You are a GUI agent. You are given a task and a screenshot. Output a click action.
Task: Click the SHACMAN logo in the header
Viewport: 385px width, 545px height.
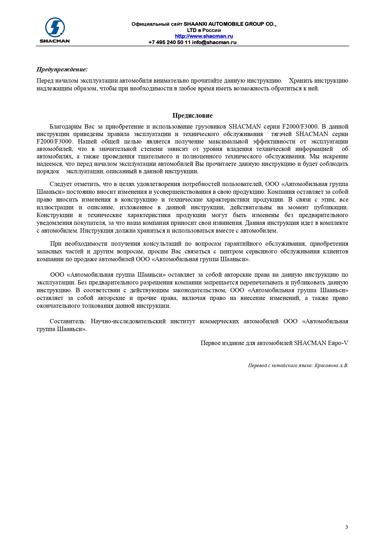click(55, 30)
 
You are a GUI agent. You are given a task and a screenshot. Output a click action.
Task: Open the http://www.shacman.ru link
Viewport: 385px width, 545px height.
click(204, 36)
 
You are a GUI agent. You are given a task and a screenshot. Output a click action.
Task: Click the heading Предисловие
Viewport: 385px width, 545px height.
click(192, 116)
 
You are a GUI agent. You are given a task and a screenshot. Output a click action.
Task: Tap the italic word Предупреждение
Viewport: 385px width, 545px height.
click(62, 69)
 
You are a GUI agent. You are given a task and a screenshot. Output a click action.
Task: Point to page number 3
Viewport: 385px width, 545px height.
click(347, 527)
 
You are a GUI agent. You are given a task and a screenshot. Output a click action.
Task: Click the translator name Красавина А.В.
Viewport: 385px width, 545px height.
click(331, 366)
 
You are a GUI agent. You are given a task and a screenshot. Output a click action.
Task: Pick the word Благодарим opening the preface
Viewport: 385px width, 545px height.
click(65, 127)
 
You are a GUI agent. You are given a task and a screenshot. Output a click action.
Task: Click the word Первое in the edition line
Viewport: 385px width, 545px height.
click(210, 343)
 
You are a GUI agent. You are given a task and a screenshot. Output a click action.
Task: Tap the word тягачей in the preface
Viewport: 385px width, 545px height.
click(281, 134)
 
